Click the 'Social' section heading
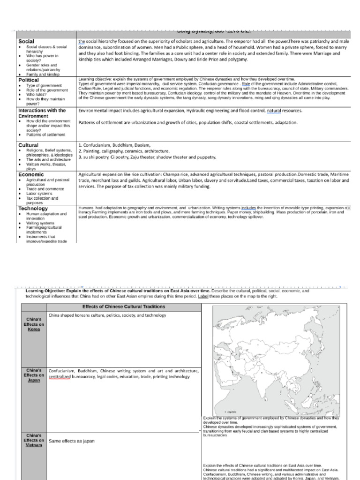[x=26, y=42]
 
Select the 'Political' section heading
[x=28, y=80]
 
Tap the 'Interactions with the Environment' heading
[x=42, y=113]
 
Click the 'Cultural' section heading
[x=28, y=145]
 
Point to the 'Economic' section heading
[x=31, y=174]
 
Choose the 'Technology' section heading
[x=33, y=208]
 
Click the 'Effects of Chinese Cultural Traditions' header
[x=124, y=307]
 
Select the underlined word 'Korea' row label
[x=34, y=329]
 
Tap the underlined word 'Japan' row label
[x=34, y=380]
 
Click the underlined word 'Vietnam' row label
[x=34, y=445]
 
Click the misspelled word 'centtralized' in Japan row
[x=60, y=377]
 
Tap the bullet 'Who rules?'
[x=36, y=95]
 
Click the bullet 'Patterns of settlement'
[x=46, y=135]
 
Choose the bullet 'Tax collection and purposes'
[x=42, y=200]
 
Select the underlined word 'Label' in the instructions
[x=202, y=296]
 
